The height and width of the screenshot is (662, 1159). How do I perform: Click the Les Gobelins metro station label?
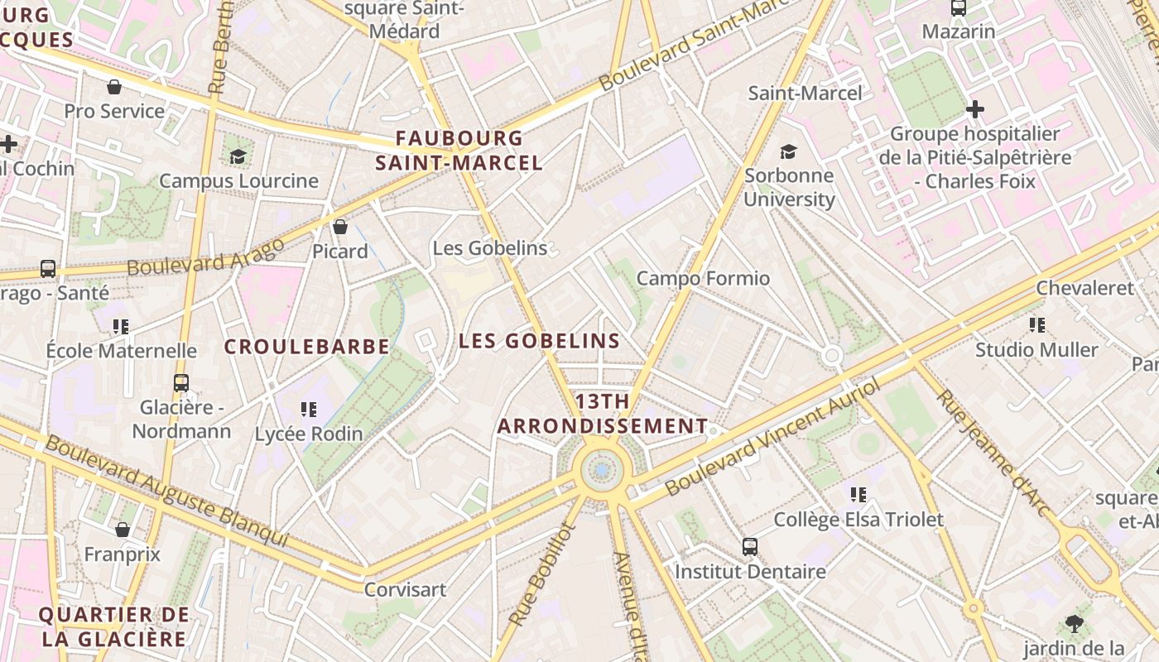(x=490, y=248)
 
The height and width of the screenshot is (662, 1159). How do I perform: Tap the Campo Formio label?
(x=703, y=279)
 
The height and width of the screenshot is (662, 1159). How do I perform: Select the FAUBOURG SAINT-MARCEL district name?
(x=459, y=151)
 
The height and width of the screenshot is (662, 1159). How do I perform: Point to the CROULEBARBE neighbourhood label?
(x=307, y=347)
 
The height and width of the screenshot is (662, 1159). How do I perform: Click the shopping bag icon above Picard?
(x=339, y=227)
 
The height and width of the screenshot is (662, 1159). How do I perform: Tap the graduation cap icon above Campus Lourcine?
(x=238, y=156)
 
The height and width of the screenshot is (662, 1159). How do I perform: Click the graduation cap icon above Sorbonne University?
(x=788, y=151)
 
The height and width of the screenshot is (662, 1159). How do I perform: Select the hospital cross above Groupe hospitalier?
(x=975, y=108)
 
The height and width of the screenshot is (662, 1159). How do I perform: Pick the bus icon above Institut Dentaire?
(x=749, y=547)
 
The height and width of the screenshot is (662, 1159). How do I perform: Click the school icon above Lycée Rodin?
(x=309, y=409)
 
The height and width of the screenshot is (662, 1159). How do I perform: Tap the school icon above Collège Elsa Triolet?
(x=858, y=495)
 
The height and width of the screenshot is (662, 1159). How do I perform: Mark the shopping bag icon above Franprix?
(x=123, y=530)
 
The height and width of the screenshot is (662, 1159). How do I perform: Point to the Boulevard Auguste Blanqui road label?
(x=166, y=491)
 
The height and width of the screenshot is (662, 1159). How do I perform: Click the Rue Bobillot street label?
(x=541, y=574)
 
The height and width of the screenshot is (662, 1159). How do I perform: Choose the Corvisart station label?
(x=406, y=590)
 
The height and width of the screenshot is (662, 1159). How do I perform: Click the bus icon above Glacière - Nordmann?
(x=181, y=383)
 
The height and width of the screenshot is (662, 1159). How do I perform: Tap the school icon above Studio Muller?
(x=1036, y=325)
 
